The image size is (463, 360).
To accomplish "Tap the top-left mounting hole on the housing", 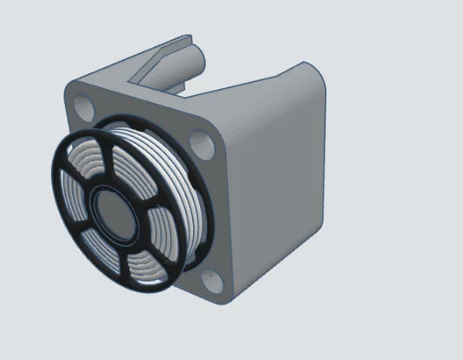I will tap(82, 103).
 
